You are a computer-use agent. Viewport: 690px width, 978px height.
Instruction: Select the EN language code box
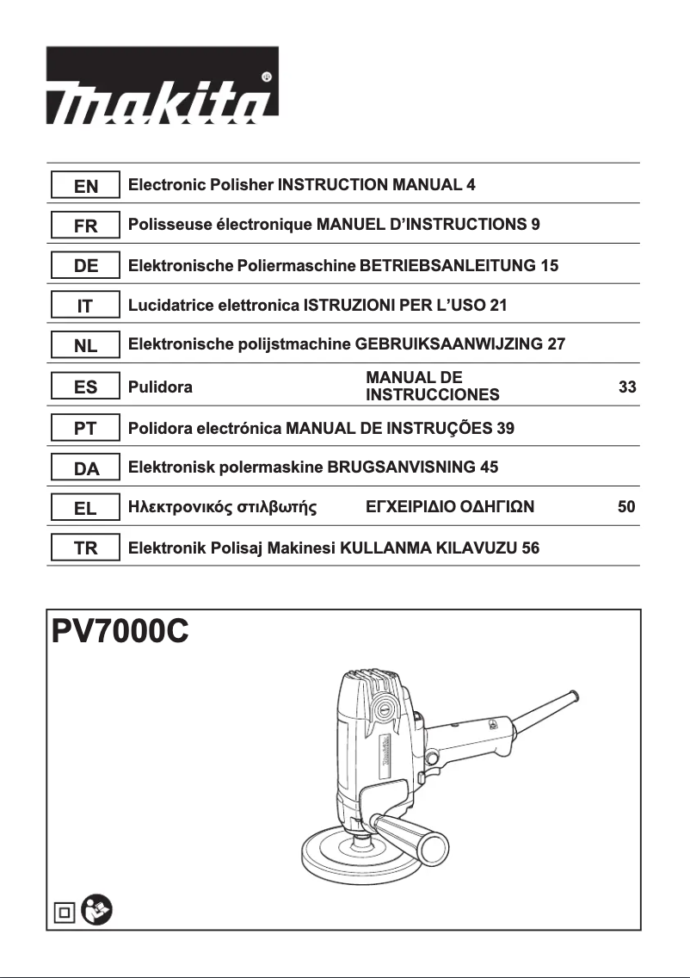(x=84, y=185)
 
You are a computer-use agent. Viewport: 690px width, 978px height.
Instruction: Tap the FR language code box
(x=84, y=226)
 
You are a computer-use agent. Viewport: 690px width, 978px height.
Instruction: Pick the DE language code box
(x=84, y=266)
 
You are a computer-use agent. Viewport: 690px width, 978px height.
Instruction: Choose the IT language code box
(x=84, y=306)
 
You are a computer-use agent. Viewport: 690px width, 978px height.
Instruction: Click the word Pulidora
(x=160, y=387)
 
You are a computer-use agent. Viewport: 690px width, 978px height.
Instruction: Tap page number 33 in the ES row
(x=627, y=387)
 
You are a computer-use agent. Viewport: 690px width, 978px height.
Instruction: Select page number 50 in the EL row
(x=626, y=508)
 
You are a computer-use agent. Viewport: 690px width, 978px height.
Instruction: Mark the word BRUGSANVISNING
(x=401, y=468)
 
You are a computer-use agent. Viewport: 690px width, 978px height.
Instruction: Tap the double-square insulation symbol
(x=64, y=911)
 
